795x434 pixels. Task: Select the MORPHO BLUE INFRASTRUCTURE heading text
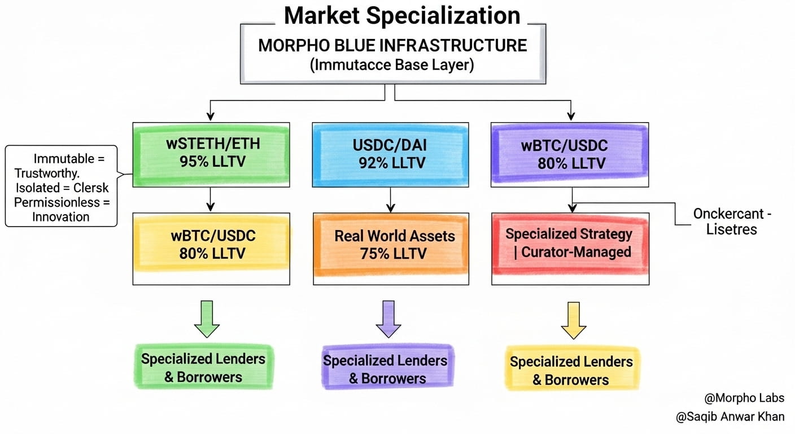click(392, 45)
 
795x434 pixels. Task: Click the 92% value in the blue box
click(373, 163)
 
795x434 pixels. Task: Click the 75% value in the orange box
click(373, 254)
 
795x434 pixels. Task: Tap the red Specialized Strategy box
click(569, 243)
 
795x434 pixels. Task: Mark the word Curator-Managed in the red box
click(576, 251)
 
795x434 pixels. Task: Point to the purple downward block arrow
click(388, 319)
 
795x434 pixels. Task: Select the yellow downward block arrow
click(573, 319)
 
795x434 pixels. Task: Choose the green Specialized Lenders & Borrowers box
click(203, 367)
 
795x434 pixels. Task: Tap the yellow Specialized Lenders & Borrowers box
click(571, 371)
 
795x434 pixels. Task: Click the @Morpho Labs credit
click(744, 398)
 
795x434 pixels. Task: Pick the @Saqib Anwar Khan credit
click(730, 417)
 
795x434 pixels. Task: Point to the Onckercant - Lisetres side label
click(732, 222)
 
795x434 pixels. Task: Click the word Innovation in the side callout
click(61, 216)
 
